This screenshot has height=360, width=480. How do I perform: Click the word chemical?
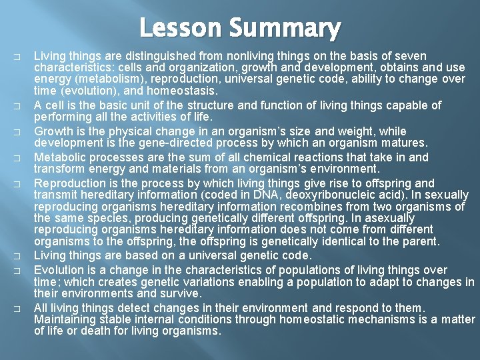[x=228, y=157]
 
